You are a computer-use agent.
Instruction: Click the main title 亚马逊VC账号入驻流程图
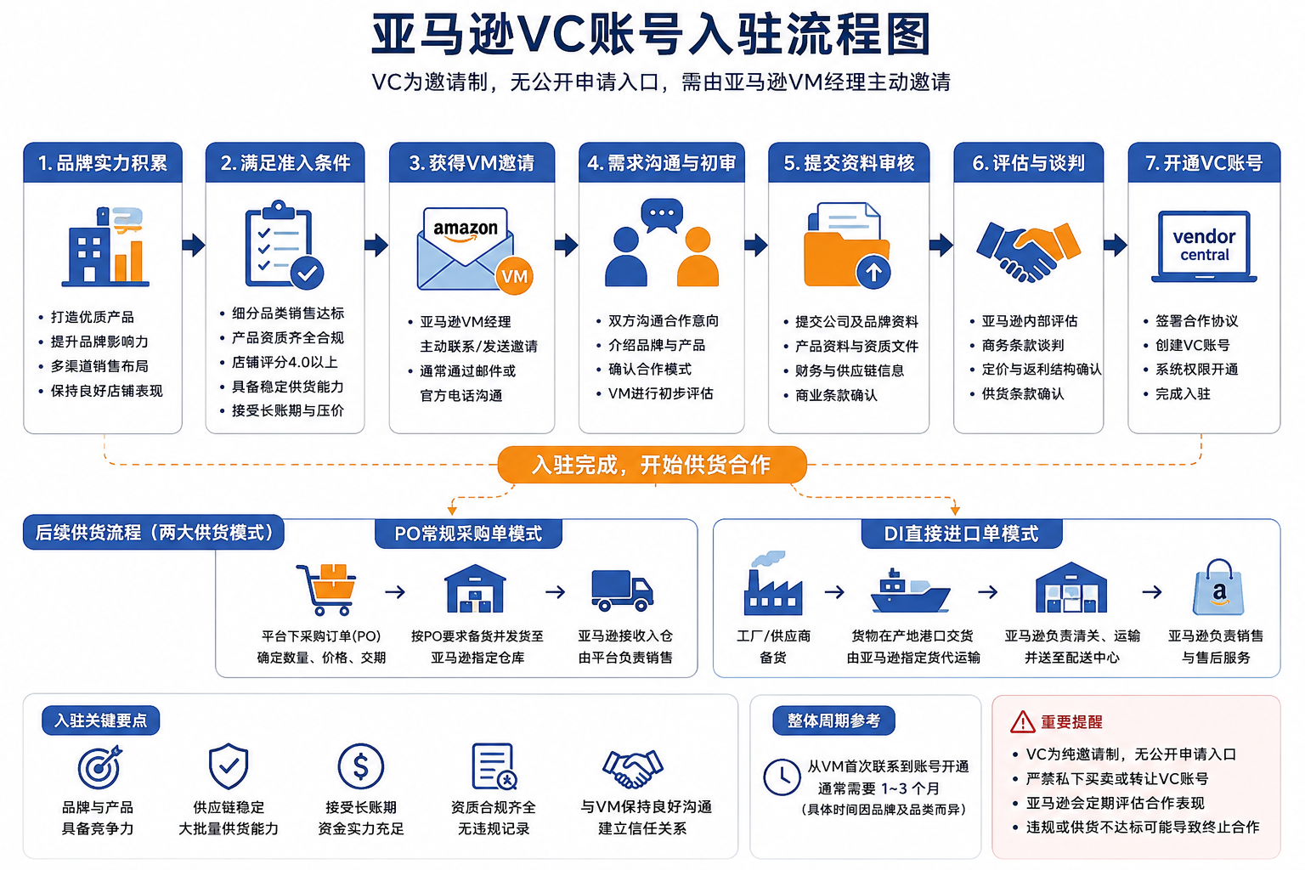tap(651, 35)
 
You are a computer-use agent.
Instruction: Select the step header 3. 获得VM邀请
tap(472, 162)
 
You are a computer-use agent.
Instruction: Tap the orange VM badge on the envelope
tap(514, 275)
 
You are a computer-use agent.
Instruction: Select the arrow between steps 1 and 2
tap(194, 245)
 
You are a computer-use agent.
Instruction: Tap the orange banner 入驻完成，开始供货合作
tap(652, 465)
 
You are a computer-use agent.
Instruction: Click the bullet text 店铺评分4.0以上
tap(285, 362)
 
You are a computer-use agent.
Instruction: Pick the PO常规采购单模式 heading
tap(468, 534)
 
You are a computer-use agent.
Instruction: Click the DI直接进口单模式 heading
tap(961, 534)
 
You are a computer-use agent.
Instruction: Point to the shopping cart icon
tap(326, 589)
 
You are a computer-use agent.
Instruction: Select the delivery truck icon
tap(622, 590)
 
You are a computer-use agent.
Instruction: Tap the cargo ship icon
tap(910, 590)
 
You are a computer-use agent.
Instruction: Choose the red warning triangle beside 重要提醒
tap(1022, 722)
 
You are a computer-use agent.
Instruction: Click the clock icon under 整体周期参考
tap(782, 777)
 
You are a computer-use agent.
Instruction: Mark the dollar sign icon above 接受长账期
tap(360, 766)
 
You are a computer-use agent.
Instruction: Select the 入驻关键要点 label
tap(101, 720)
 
